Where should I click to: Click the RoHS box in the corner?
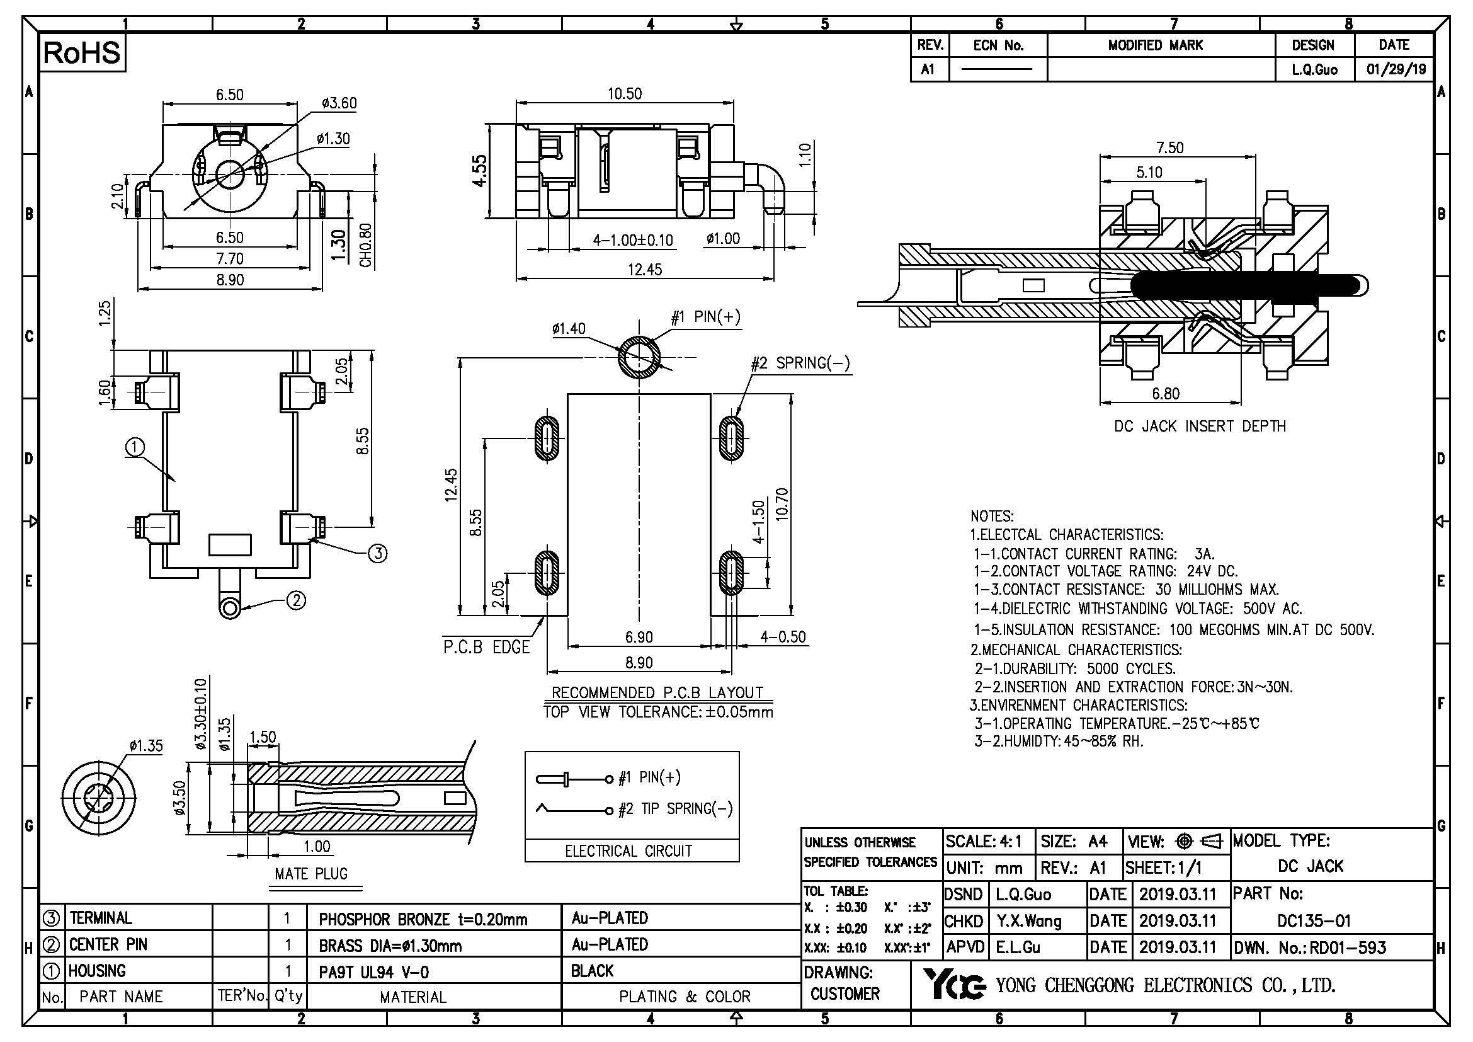tap(82, 53)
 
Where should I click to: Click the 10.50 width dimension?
tap(624, 94)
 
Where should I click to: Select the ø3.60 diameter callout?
tap(339, 103)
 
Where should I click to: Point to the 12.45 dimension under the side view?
tap(644, 270)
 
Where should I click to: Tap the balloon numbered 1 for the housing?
tap(135, 447)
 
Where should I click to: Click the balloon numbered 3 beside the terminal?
tap(378, 553)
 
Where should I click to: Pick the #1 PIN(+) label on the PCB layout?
tap(705, 317)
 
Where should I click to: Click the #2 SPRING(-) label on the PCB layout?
tap(800, 363)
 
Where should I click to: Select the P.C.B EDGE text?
tap(486, 648)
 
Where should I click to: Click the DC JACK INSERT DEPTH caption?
tap(1200, 427)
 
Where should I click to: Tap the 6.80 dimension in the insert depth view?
tap(1165, 393)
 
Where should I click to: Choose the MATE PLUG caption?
tap(311, 874)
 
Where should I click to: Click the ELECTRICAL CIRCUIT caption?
tap(628, 850)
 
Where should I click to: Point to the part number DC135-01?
tap(1314, 921)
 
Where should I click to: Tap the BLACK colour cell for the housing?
tap(592, 971)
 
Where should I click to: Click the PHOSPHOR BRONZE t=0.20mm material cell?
tap(423, 919)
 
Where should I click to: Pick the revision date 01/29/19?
tap(1394, 69)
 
